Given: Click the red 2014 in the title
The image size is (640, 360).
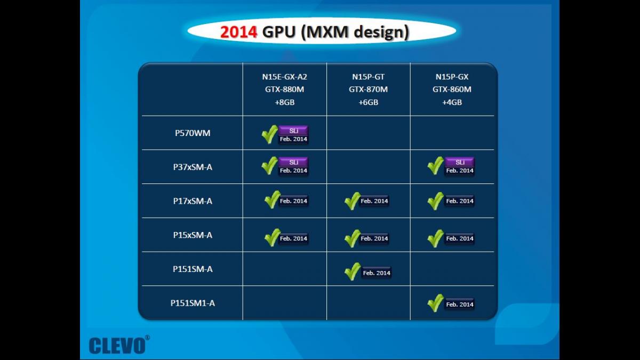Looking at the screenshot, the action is (x=238, y=31).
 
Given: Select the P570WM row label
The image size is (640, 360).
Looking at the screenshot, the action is (x=193, y=133).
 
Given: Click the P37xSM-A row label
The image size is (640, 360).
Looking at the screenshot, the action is (x=193, y=167).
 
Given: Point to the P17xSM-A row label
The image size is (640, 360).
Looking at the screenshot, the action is (x=193, y=201).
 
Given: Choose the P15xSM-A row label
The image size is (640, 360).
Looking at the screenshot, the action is (x=193, y=235).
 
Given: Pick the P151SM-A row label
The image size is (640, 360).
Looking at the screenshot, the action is (x=193, y=269).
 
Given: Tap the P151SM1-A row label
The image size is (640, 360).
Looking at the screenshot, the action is (x=193, y=303).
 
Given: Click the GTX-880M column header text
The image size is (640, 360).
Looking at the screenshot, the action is (x=285, y=90).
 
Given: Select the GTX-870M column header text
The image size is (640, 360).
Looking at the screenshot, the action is (x=369, y=90).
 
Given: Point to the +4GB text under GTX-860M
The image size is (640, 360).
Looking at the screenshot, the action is (x=452, y=102).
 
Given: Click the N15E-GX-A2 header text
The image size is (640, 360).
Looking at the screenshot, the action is (x=285, y=77).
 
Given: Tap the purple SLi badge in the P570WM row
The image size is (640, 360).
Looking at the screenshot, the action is (x=293, y=131).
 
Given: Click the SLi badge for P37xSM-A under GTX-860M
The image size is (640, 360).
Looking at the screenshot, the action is (x=460, y=162).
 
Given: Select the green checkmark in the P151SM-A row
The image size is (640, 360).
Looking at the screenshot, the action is (x=353, y=271).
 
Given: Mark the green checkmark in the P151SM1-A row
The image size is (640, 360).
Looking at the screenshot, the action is (x=435, y=303).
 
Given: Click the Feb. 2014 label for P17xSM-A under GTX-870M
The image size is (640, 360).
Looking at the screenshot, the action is (x=374, y=201).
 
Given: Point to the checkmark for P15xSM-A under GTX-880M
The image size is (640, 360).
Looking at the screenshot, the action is (x=273, y=237).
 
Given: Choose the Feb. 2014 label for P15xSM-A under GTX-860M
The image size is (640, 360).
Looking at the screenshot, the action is (x=460, y=238).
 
